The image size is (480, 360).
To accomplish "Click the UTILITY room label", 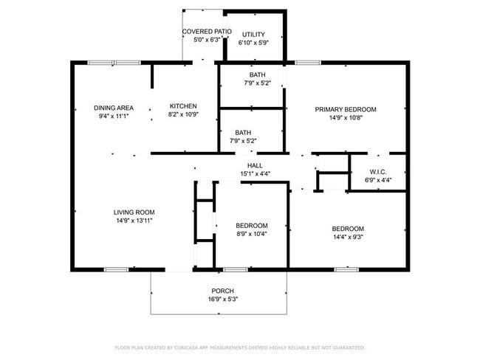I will coord(253,35).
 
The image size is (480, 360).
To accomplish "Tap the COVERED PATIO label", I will coord(207,32).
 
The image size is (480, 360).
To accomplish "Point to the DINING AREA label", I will coord(114,108).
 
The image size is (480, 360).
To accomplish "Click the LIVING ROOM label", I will coord(134,212).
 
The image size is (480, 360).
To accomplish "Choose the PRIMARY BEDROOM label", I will coord(346,109).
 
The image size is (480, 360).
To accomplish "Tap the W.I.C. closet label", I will coord(377,172).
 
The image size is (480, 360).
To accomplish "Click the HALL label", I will coord(256,165).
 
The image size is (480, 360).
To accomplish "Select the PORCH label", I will coord(223,290).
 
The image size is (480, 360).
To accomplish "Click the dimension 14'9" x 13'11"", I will coord(134,221).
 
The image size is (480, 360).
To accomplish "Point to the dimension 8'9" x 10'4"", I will coord(252,234).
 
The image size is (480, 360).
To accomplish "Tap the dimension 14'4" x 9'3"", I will coord(347,237).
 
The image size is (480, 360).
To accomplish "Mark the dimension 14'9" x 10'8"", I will coord(346,118).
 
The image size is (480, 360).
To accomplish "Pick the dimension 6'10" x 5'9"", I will coord(253,43).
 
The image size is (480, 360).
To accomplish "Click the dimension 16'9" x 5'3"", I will coord(223,299).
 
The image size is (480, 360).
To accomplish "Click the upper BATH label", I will coord(257,75).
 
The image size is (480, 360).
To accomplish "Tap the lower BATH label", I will coord(253,132).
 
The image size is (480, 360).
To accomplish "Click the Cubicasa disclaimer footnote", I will coord(239,347).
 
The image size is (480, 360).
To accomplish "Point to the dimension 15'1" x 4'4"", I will coord(256,174).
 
